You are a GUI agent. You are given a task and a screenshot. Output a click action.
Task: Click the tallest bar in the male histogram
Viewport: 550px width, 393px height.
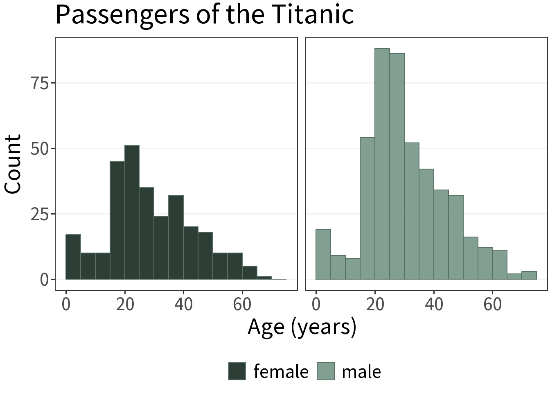pyautogui.click(x=382, y=164)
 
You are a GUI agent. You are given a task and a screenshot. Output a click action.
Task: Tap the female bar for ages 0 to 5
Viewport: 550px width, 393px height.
pyautogui.click(x=73, y=257)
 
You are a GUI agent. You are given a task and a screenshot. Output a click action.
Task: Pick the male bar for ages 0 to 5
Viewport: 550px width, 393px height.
pyautogui.click(x=323, y=254)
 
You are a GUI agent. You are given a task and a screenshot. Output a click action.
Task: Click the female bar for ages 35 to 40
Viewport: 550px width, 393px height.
pyautogui.click(x=176, y=237)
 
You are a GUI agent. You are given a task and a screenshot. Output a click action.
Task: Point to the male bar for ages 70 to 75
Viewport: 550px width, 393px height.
pyautogui.click(x=529, y=276)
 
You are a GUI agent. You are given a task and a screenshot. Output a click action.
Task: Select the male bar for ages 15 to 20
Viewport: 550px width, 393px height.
pyautogui.click(x=367, y=208)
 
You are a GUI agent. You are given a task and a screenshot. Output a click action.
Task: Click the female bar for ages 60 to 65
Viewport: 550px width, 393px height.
pyautogui.click(x=250, y=273)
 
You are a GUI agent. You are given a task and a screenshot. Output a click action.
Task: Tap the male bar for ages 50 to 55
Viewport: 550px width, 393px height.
pyautogui.click(x=471, y=258)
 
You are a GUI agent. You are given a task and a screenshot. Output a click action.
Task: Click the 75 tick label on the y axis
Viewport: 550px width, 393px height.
pyautogui.click(x=40, y=83)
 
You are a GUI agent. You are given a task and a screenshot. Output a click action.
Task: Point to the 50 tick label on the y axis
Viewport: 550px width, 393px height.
pyautogui.click(x=40, y=149)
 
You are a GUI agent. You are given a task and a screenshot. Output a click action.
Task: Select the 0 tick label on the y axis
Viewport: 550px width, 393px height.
pyautogui.click(x=44, y=280)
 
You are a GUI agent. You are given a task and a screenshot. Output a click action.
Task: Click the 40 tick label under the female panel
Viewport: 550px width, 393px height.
pyautogui.click(x=183, y=305)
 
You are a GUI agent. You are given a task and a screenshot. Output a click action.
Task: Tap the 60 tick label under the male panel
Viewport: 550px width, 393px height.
pyautogui.click(x=492, y=305)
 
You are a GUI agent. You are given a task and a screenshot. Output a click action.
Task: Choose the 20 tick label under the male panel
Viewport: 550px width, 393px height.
pyautogui.click(x=375, y=305)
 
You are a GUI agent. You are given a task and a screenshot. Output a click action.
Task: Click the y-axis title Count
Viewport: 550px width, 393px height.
pyautogui.click(x=13, y=164)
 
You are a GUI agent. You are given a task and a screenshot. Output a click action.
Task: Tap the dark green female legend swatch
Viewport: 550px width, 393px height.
pyautogui.click(x=237, y=371)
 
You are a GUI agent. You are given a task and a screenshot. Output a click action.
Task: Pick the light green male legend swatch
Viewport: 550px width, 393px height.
pyautogui.click(x=326, y=371)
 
